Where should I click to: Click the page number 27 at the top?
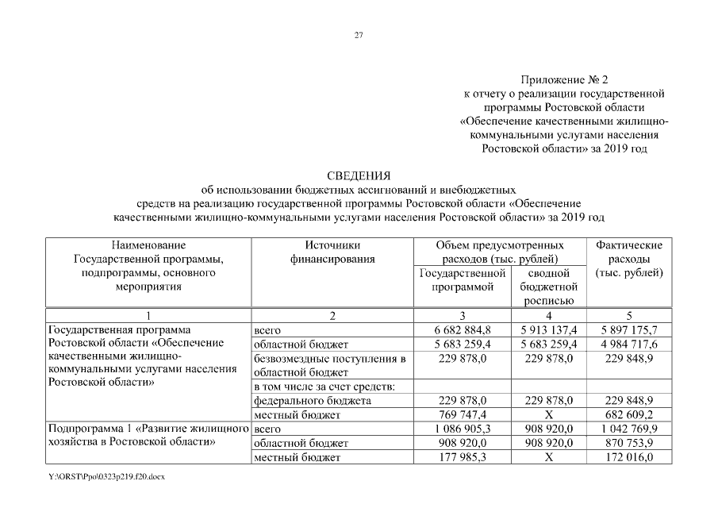coord(359,35)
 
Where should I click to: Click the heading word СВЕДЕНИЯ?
coord(359,175)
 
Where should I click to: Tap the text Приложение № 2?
coord(564,80)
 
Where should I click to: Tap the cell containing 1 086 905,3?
coord(463,429)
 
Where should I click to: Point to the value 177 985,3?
coord(463,458)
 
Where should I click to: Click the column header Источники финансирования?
coord(332,252)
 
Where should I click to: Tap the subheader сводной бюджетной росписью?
coord(549,287)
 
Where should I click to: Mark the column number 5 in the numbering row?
coord(629,316)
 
